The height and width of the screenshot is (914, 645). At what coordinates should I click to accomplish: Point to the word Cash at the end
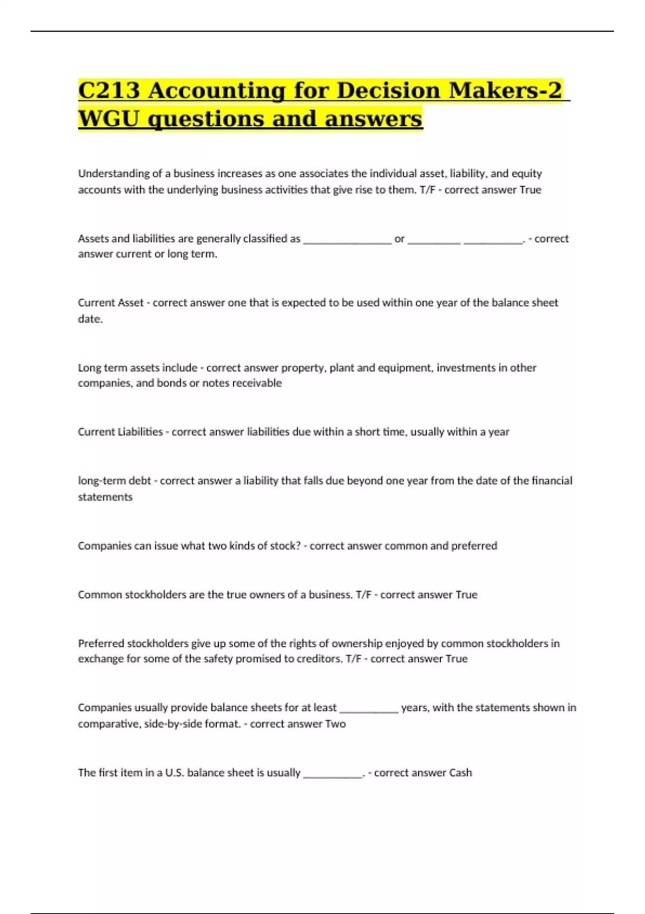click(x=460, y=773)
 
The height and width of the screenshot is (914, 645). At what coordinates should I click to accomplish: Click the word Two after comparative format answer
click(x=335, y=724)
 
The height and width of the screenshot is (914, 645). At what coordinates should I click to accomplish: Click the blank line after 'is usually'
click(x=333, y=775)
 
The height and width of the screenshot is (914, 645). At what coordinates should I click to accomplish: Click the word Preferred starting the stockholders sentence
click(x=101, y=644)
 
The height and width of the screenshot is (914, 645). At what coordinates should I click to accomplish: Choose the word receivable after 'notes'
click(x=257, y=383)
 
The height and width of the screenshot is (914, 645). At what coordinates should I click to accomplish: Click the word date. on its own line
click(x=90, y=319)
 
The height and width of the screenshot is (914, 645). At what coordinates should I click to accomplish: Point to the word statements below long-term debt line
click(x=105, y=497)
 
